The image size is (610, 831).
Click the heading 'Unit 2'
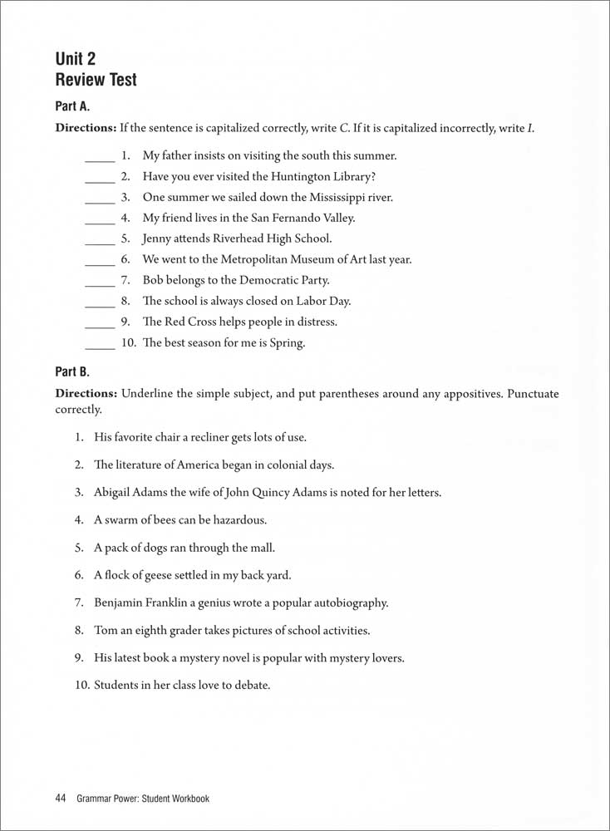(x=76, y=58)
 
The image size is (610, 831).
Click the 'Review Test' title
(x=96, y=81)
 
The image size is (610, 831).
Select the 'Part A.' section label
(x=72, y=106)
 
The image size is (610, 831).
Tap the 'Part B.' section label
(x=72, y=372)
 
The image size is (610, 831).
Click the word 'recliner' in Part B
(x=194, y=437)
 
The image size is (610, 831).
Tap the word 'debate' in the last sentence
(x=251, y=686)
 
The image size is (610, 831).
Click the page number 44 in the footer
(x=60, y=799)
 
